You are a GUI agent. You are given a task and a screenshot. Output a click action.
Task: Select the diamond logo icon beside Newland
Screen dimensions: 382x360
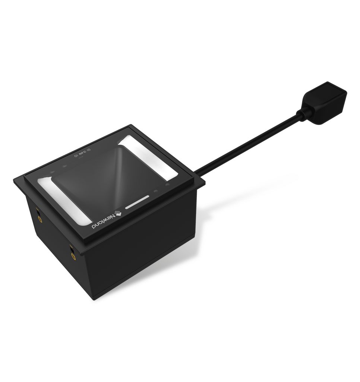pos(119,213)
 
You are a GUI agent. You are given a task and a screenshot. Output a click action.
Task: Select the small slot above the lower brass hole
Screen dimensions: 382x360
pos(71,248)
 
